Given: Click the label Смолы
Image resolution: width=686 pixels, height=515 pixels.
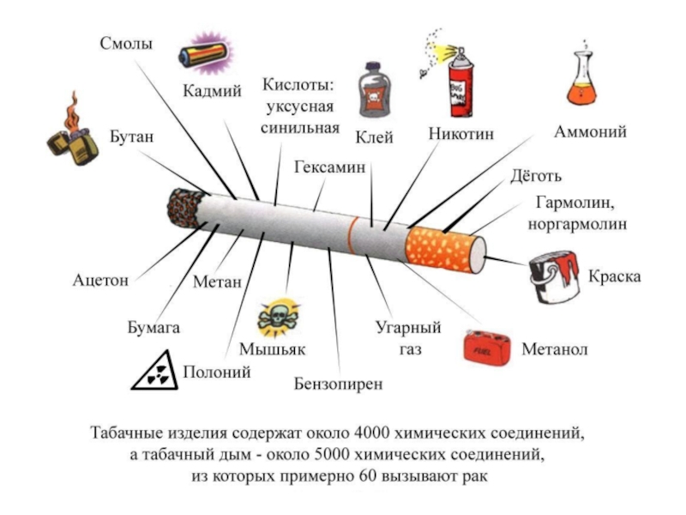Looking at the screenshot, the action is (126, 44).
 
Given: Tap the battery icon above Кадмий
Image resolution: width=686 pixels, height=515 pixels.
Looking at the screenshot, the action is (206, 54).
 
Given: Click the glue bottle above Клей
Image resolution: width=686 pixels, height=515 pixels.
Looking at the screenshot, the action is (374, 91).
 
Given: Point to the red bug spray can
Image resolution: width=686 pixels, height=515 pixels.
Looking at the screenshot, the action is (460, 84).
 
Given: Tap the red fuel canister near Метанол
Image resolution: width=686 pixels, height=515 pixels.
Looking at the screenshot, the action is (487, 348).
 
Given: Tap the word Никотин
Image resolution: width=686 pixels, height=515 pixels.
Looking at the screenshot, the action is (460, 134).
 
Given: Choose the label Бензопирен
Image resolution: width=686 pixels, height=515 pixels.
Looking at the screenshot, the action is (338, 384).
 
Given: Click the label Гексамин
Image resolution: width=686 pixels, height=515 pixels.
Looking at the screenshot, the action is (330, 167).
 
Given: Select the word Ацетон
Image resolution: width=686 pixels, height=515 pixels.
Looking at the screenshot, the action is (100, 280).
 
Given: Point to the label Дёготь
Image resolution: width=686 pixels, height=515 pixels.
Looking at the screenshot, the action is (536, 176).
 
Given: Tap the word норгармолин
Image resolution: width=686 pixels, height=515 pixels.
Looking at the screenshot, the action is (577, 224).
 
